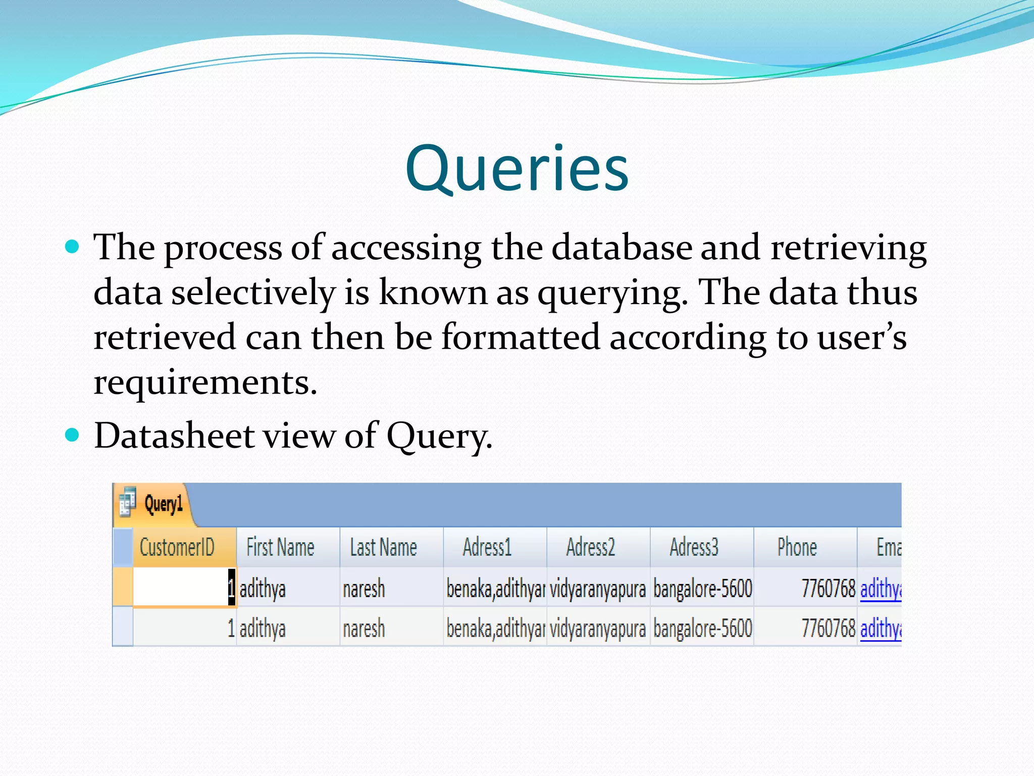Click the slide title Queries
click(x=516, y=169)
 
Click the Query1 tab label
click(x=163, y=504)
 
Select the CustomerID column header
click(x=177, y=547)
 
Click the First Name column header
click(x=280, y=547)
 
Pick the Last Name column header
click(x=383, y=547)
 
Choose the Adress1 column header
click(x=487, y=547)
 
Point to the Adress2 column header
click(x=590, y=547)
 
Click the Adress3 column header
click(x=694, y=547)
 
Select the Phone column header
click(x=797, y=547)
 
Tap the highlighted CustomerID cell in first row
click(x=184, y=587)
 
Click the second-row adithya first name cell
click(x=263, y=628)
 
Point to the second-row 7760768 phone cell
click(x=828, y=628)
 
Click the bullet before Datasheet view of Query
click(x=73, y=434)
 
